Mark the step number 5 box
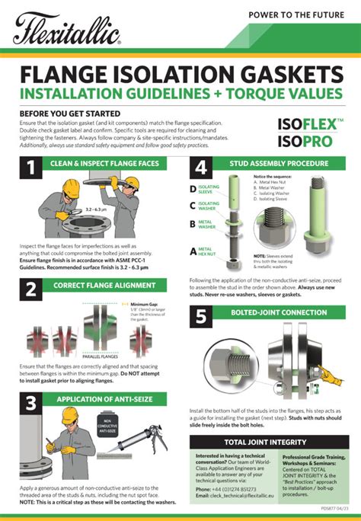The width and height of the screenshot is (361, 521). click(202, 316)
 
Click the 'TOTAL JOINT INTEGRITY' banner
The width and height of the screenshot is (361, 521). click(266, 442)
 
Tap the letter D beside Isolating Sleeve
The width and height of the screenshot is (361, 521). click(193, 188)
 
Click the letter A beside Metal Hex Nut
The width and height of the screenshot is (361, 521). click(193, 250)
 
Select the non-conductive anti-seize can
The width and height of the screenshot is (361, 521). click(107, 430)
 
